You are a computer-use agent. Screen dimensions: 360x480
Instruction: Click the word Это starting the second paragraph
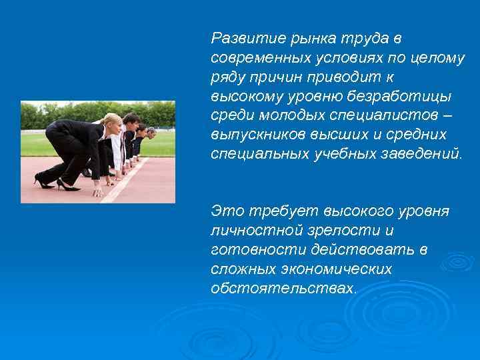click(227, 211)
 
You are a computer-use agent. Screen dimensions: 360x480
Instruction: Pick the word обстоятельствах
click(283, 289)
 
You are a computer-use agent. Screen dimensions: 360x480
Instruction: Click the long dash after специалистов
click(447, 115)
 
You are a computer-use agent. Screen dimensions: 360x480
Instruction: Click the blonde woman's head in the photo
click(113, 124)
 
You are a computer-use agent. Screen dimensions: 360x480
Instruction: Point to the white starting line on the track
click(127, 180)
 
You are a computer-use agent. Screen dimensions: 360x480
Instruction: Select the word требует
click(282, 211)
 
